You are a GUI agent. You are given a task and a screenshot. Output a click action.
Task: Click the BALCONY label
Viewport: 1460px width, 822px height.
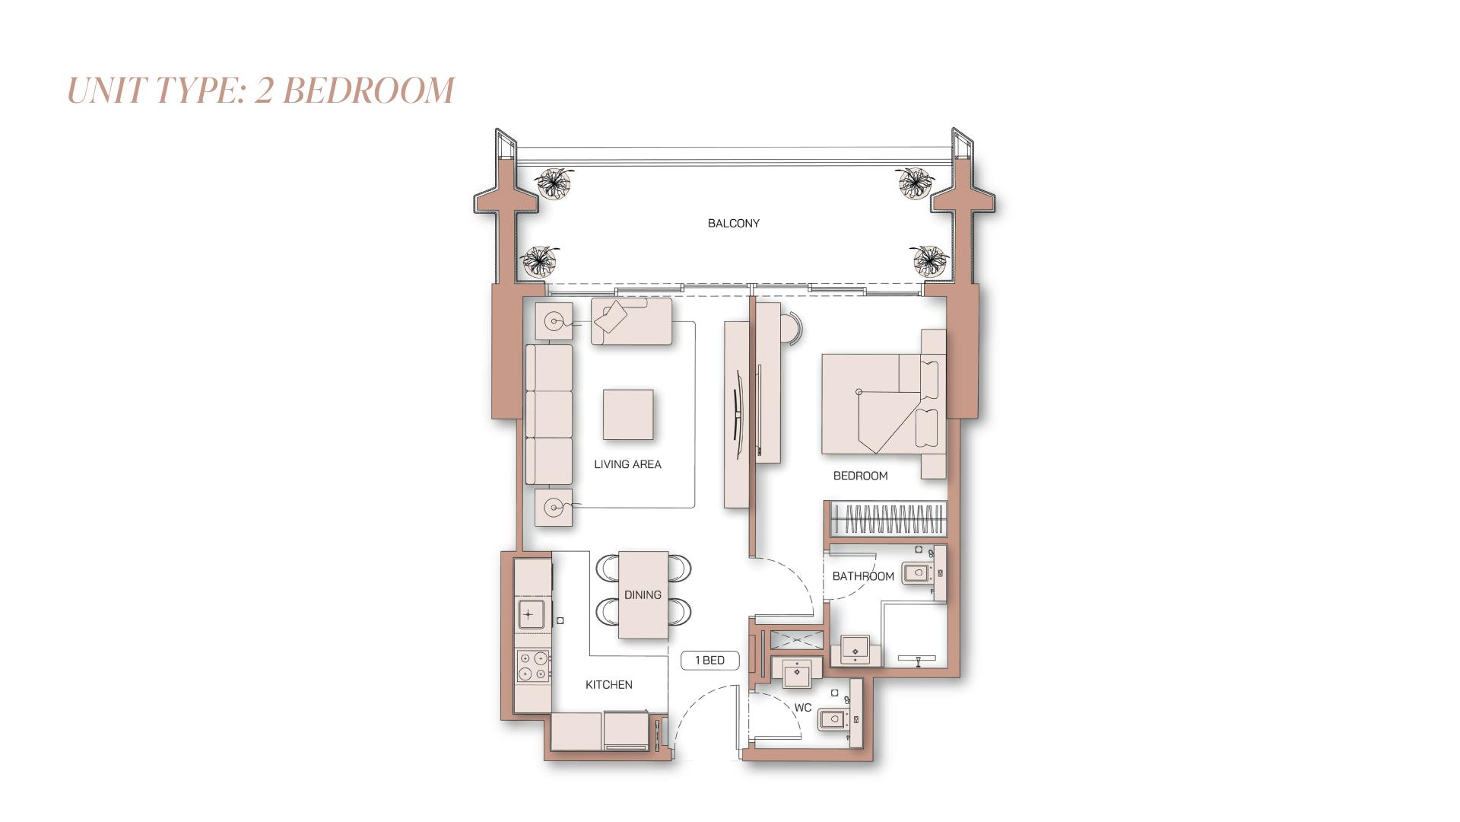click(x=733, y=223)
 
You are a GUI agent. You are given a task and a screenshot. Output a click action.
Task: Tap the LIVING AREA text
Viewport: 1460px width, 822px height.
click(x=627, y=464)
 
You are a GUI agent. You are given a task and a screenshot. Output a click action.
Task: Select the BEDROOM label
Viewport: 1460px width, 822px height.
click(x=860, y=476)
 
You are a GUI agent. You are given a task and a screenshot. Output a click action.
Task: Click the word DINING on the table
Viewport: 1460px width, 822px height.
click(x=643, y=595)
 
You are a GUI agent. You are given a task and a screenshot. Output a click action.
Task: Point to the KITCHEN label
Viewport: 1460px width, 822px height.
click(x=608, y=685)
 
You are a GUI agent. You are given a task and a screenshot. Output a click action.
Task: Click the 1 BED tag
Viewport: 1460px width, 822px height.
click(x=709, y=661)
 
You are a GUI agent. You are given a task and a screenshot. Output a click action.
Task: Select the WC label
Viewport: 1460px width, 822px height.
click(x=803, y=708)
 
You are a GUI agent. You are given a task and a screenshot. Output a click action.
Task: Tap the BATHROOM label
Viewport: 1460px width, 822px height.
click(x=863, y=576)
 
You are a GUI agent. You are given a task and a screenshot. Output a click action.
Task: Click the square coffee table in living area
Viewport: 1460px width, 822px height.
click(x=628, y=415)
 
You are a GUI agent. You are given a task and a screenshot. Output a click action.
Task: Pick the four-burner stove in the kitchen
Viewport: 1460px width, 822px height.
click(x=532, y=666)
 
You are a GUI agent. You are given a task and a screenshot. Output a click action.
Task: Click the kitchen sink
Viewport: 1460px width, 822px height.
click(x=530, y=614)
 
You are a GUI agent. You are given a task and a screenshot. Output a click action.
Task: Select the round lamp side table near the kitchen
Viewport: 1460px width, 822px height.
click(x=554, y=508)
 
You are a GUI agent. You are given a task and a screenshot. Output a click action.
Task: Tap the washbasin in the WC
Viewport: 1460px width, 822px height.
click(x=796, y=671)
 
